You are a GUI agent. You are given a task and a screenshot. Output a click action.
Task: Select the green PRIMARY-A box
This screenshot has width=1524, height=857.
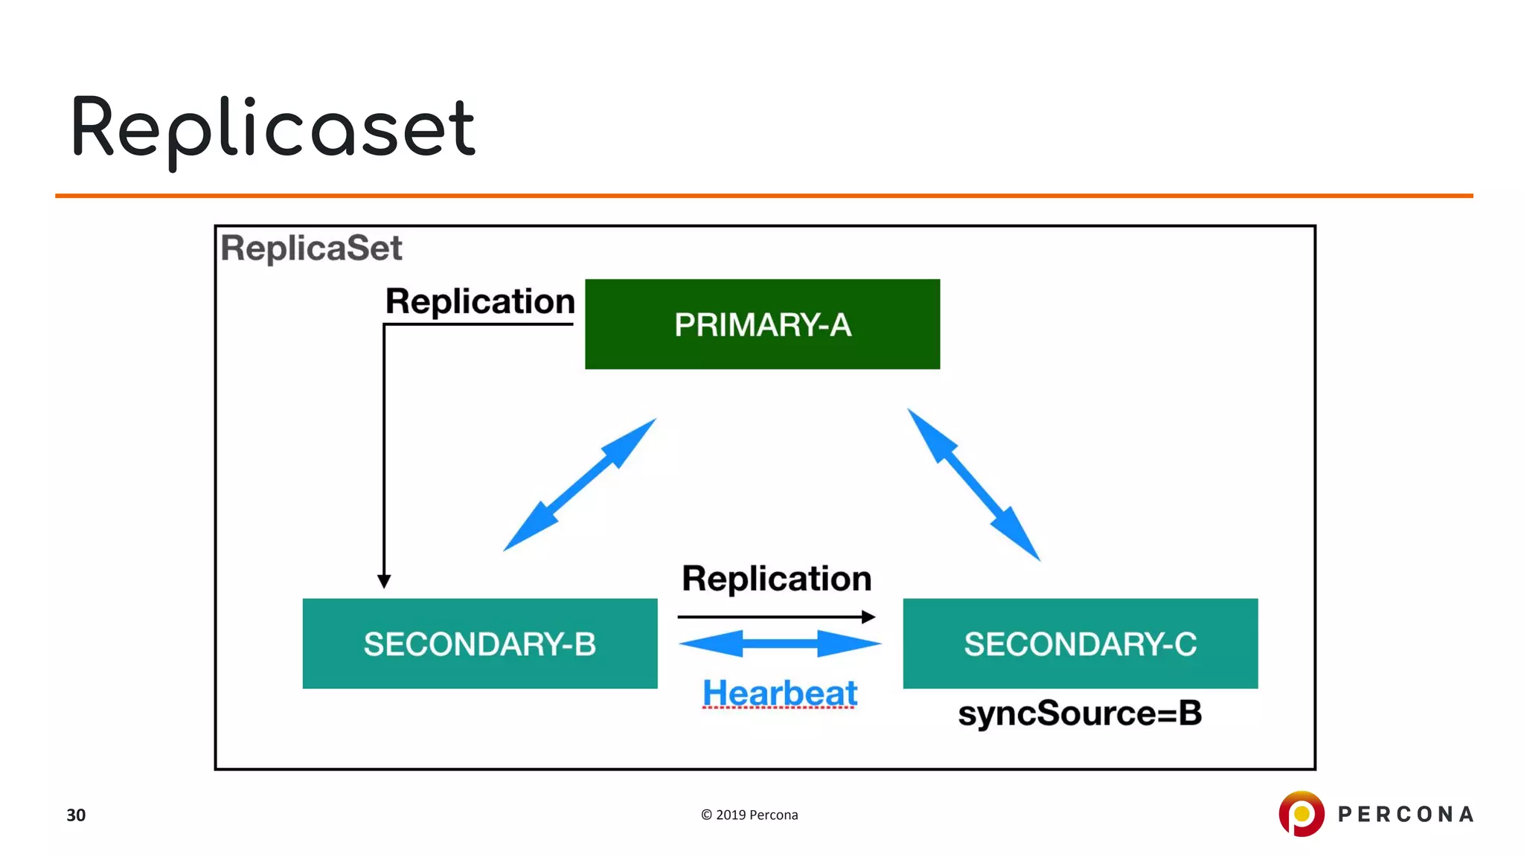coord(762,324)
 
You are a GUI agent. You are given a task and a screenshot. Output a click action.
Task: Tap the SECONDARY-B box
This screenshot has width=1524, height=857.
coord(479,643)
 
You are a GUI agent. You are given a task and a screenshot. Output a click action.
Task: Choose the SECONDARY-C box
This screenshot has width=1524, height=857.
coord(1080,643)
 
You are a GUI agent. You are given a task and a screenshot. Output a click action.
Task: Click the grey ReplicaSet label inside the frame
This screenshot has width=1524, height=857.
coord(311,248)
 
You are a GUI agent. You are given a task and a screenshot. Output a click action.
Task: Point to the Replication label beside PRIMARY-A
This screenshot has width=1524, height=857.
coord(480,301)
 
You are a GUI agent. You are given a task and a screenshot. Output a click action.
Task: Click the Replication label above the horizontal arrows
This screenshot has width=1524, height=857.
coord(776,578)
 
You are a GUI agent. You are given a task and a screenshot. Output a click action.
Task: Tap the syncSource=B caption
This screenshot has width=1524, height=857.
coord(1079,713)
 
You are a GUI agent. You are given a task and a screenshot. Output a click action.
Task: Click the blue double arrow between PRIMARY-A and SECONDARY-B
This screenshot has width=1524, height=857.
coord(580,485)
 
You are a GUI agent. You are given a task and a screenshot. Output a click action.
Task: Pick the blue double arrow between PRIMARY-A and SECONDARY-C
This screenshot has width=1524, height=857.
coord(973,484)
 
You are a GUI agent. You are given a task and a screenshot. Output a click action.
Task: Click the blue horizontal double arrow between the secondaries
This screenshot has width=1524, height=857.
coord(779,643)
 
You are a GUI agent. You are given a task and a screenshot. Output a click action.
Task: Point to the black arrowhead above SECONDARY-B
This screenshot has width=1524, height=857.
coord(384,581)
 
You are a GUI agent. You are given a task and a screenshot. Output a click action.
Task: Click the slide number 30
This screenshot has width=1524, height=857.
coord(76,815)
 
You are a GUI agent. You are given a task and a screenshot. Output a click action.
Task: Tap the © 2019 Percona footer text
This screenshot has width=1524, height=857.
coord(749,815)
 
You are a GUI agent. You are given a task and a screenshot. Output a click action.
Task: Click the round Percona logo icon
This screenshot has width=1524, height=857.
coord(1301,813)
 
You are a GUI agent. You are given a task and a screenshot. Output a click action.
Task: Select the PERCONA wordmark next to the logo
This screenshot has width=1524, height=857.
coord(1406,814)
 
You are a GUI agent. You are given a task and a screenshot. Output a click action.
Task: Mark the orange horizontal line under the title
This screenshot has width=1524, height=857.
coord(763,196)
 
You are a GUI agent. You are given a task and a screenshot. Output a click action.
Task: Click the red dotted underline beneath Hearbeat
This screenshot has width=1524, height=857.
coord(779,708)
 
